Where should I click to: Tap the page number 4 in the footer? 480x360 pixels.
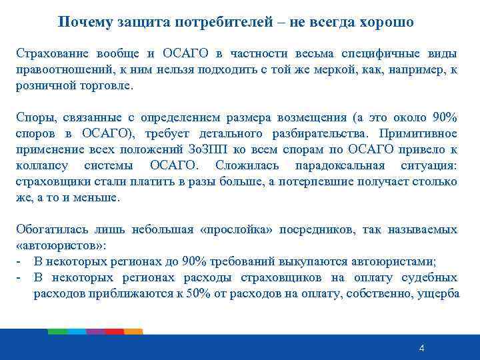tap(421, 349)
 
